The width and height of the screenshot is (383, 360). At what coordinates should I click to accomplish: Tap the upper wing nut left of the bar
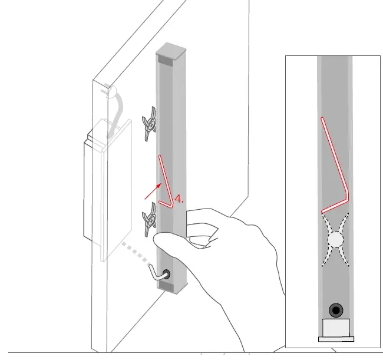tap(150, 124)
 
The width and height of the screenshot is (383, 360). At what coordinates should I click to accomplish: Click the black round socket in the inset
tap(336, 310)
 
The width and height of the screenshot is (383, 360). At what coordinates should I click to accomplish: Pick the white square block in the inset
tap(336, 328)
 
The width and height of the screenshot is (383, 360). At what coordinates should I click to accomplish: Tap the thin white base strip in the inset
tap(336, 339)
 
